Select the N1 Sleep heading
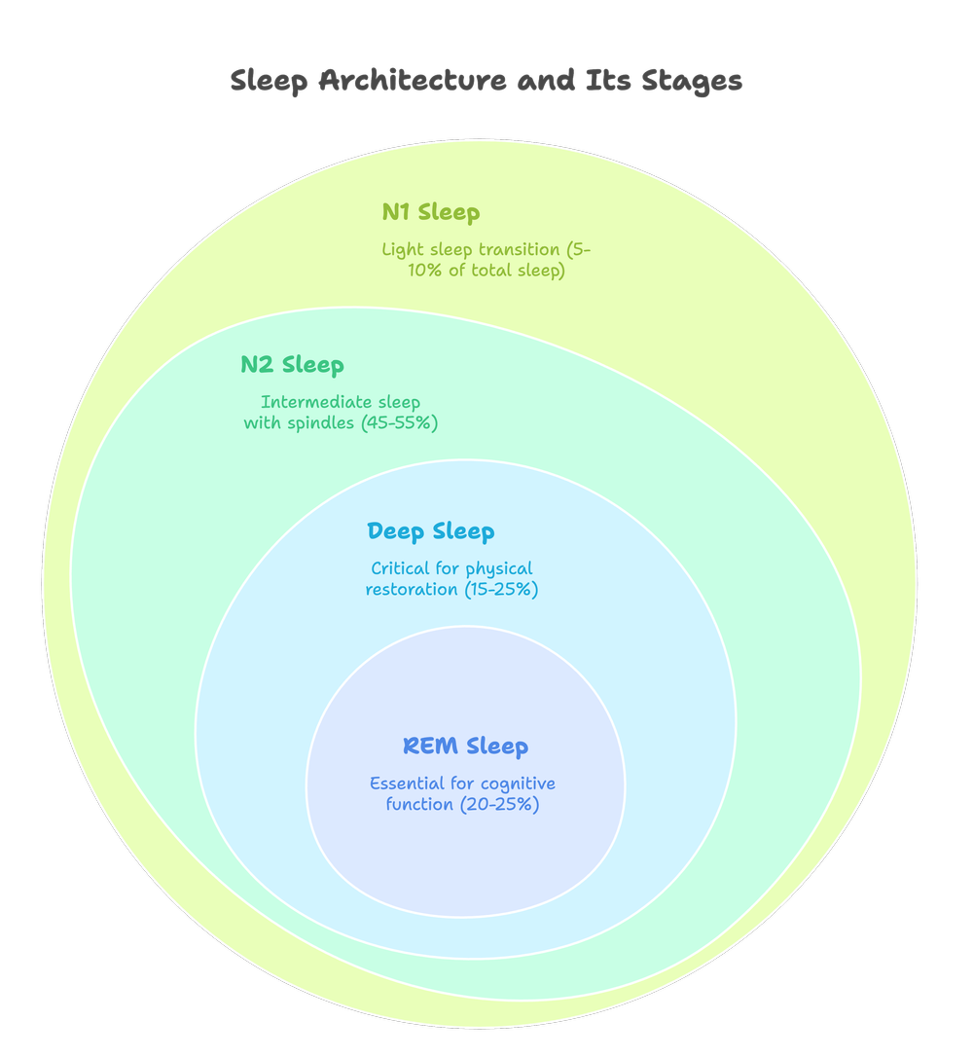tap(430, 212)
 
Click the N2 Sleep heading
tap(292, 366)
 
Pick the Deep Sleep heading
tap(430, 532)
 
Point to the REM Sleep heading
tap(465, 747)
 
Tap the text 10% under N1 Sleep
tap(424, 272)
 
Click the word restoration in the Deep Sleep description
tap(413, 590)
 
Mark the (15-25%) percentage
tap(502, 590)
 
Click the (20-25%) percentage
tap(500, 805)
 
